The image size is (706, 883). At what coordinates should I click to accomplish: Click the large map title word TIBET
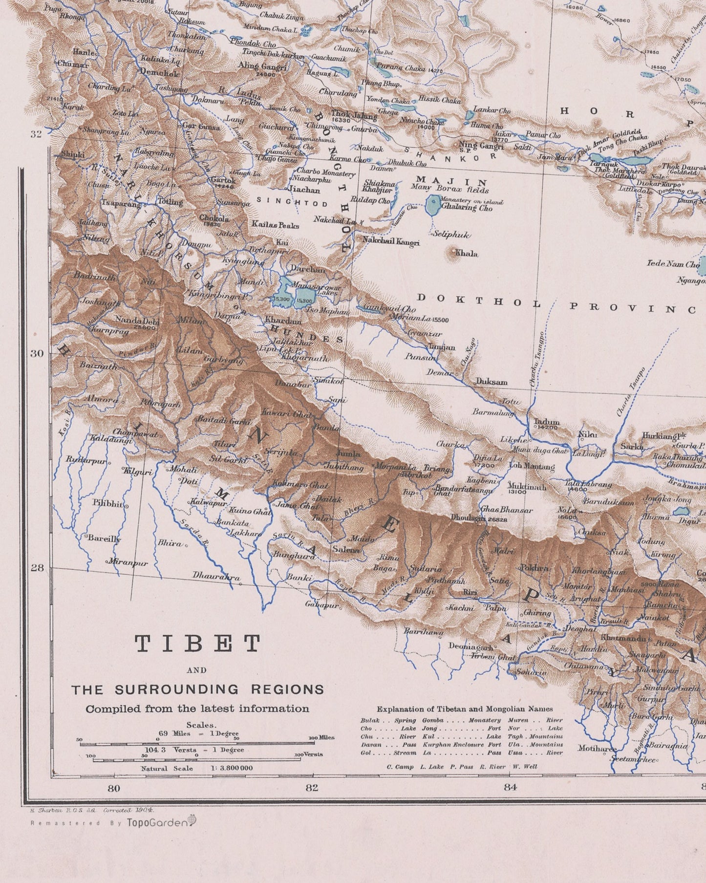click(198, 644)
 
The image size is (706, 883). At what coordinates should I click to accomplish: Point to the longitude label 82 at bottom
click(312, 787)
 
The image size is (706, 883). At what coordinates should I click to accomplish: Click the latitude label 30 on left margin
click(37, 353)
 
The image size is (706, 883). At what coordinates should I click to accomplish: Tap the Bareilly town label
click(104, 538)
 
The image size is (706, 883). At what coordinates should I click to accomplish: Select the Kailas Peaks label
click(275, 225)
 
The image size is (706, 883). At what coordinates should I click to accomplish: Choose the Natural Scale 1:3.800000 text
click(197, 768)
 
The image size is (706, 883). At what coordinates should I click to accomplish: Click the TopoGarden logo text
click(157, 822)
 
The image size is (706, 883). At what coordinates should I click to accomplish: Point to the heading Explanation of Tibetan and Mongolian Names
click(465, 709)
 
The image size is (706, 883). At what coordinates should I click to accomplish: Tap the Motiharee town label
click(597, 748)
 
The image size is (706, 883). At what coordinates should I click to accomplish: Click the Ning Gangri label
click(481, 145)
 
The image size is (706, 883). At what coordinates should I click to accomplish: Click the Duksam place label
click(492, 382)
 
